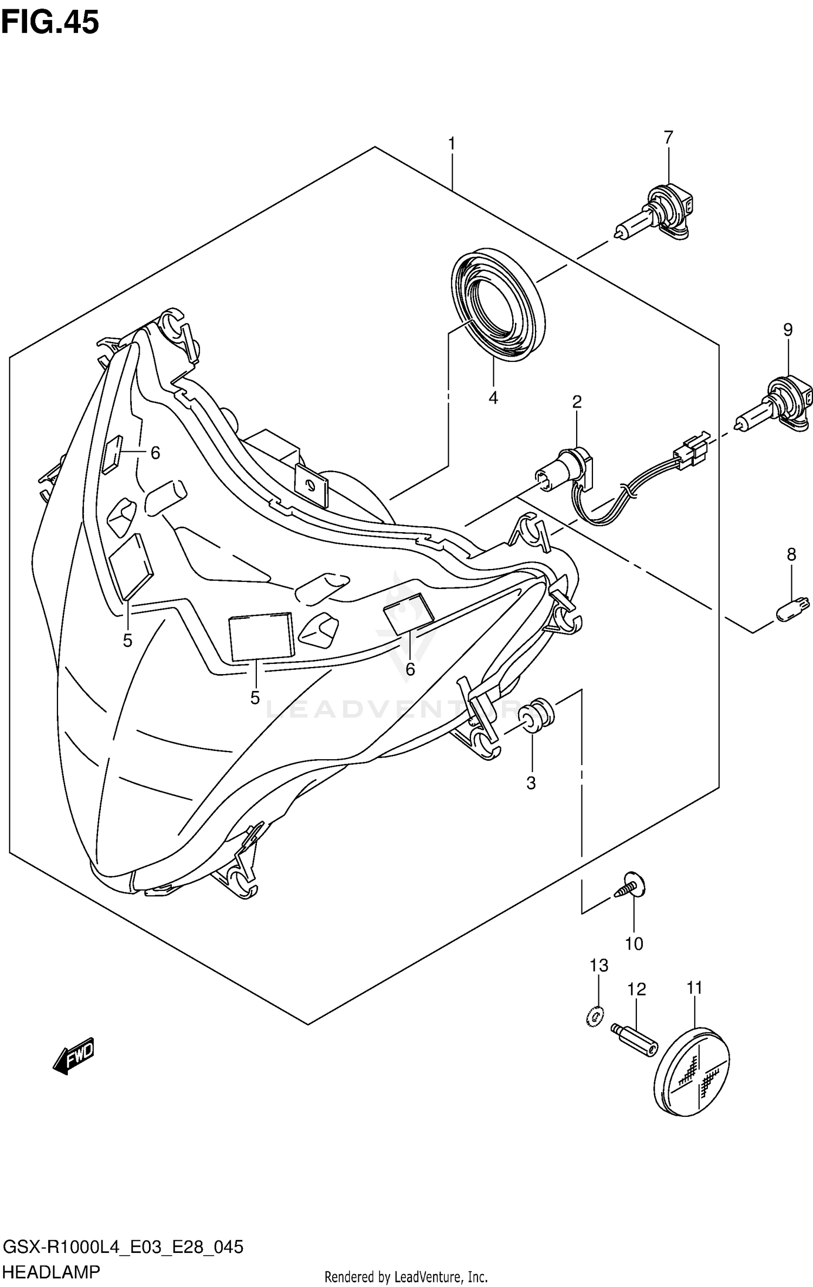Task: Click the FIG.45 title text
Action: tap(50, 23)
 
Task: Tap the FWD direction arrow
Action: tap(74, 1055)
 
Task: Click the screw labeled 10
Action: tap(630, 887)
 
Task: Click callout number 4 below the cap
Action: tap(493, 398)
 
